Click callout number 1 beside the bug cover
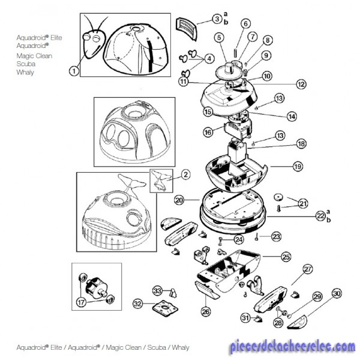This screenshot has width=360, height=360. click(74, 71)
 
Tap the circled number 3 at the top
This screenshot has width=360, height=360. click(217, 20)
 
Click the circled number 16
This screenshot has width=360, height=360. click(208, 132)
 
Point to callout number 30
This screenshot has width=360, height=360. click(337, 293)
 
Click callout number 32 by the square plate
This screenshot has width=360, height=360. click(137, 304)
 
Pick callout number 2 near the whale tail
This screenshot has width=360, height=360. click(186, 175)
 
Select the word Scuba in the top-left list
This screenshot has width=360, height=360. click(26, 64)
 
